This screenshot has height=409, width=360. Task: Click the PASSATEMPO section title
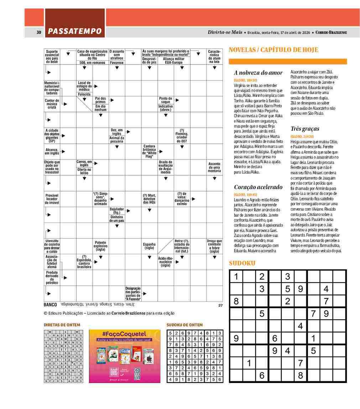(x=75, y=32)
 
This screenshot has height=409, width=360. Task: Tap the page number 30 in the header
(x=39, y=32)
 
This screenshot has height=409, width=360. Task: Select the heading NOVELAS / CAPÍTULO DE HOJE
(x=273, y=50)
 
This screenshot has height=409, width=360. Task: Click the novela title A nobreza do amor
(x=258, y=73)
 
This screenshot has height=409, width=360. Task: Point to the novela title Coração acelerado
(x=258, y=187)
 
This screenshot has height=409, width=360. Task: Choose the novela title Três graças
(x=304, y=129)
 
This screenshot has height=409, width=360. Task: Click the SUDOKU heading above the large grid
(x=242, y=263)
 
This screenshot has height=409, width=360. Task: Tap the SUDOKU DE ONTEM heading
(x=184, y=325)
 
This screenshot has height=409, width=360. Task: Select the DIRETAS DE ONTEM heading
(x=62, y=325)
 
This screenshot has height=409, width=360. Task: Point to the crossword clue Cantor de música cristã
(x=52, y=103)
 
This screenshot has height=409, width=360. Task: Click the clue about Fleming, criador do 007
(x=182, y=135)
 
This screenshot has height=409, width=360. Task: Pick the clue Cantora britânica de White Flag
(x=149, y=151)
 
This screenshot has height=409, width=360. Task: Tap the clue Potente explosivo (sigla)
(x=100, y=246)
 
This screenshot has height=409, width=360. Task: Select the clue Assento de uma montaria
(x=214, y=167)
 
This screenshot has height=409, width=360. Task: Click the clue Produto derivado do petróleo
(x=52, y=278)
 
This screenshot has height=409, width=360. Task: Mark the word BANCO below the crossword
(x=50, y=305)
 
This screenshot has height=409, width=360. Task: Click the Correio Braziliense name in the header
(x=331, y=32)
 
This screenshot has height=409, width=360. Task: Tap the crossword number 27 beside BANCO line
(x=220, y=305)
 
